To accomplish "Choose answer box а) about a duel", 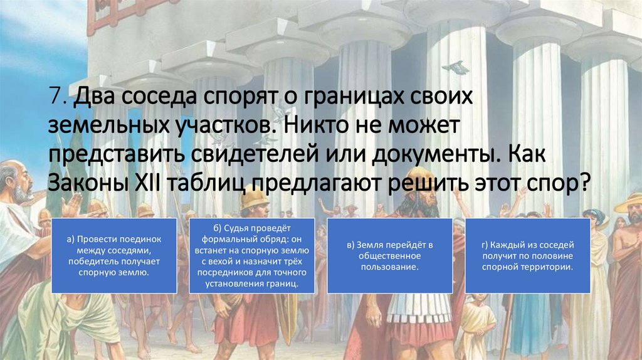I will [113, 256].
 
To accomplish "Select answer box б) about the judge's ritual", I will [251, 256].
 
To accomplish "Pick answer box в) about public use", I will [389, 256].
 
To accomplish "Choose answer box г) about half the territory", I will [527, 256].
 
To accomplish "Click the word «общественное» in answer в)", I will [389, 256].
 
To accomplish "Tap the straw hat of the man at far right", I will [629, 202].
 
